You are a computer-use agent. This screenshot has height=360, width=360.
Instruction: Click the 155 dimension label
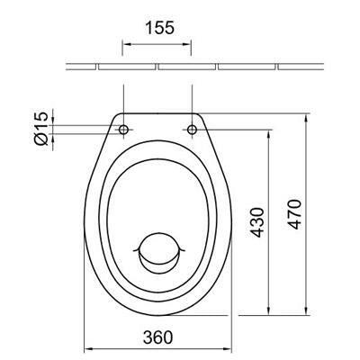click(x=159, y=28)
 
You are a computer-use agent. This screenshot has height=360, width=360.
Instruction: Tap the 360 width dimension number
click(x=158, y=337)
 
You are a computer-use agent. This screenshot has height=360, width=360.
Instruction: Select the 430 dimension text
click(x=257, y=222)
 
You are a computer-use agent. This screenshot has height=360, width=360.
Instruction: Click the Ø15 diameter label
click(x=41, y=129)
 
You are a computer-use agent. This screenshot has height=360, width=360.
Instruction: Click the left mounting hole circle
click(x=123, y=130)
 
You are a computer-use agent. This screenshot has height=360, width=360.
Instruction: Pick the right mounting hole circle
click(x=192, y=130)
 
